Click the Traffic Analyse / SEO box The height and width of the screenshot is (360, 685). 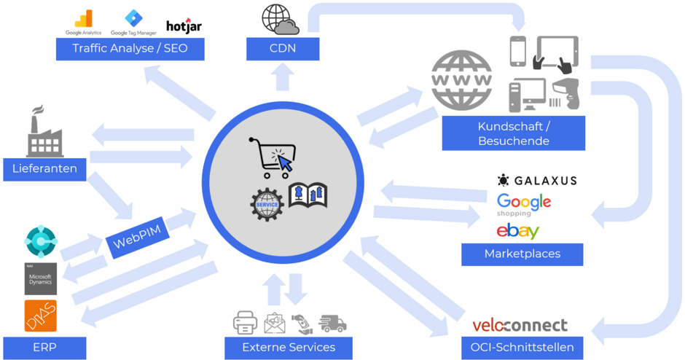pos(130,49)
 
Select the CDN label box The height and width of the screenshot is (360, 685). pos(282,49)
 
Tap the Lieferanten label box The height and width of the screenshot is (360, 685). pos(44,169)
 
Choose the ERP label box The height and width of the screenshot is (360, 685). pos(44,347)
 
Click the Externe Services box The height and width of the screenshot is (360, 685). pos(289,347)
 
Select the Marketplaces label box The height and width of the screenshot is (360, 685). pos(522,254)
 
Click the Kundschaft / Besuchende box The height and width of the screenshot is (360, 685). pos(513,133)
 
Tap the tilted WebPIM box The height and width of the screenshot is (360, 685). pos(137,235)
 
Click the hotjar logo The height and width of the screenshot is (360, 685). pos(184,26)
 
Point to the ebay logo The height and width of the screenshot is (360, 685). pos(517,231)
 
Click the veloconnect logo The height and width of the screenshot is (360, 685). pos(520,325)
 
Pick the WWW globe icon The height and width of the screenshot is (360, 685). pos(461,79)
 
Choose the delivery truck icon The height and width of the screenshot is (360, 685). pos(332,323)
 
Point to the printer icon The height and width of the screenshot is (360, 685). pos(245,322)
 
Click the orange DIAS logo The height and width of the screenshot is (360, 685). pos(40,316)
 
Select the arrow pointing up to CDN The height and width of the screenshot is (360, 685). pos(282,77)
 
